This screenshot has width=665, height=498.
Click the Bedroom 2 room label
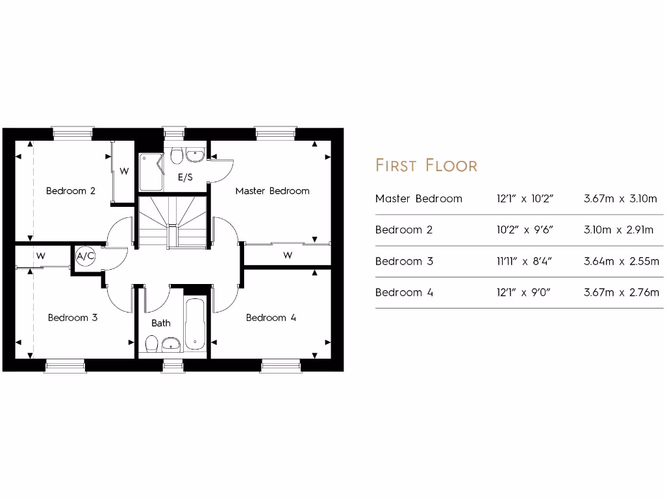click(x=71, y=191)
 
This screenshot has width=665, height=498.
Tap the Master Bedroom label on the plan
click(x=272, y=191)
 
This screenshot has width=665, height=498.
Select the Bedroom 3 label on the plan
click(x=73, y=318)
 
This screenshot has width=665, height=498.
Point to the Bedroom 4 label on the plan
click(x=271, y=318)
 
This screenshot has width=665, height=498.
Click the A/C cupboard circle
click(x=86, y=256)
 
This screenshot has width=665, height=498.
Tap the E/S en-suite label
click(x=185, y=176)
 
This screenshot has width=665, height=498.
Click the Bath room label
click(x=161, y=323)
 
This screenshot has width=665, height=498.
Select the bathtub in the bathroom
click(x=195, y=324)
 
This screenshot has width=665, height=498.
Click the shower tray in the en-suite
click(x=149, y=172)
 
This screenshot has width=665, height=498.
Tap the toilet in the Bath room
click(x=151, y=343)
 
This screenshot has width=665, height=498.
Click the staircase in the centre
click(x=172, y=220)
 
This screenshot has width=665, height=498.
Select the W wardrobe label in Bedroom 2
click(x=124, y=171)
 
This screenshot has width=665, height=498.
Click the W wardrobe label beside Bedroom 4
click(x=287, y=255)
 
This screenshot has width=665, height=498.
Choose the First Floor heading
click(x=426, y=165)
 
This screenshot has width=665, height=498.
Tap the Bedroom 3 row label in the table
click(x=403, y=261)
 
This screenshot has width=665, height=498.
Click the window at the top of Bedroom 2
click(x=72, y=132)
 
